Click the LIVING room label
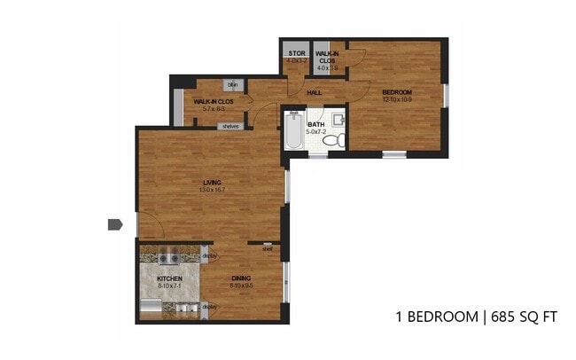coord(210,183)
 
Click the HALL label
coord(314,92)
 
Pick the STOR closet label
coord(296,53)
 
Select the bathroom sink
coord(338,119)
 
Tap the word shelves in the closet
coord(230,126)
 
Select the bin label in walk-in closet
coord(232,85)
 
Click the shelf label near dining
coord(267,249)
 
